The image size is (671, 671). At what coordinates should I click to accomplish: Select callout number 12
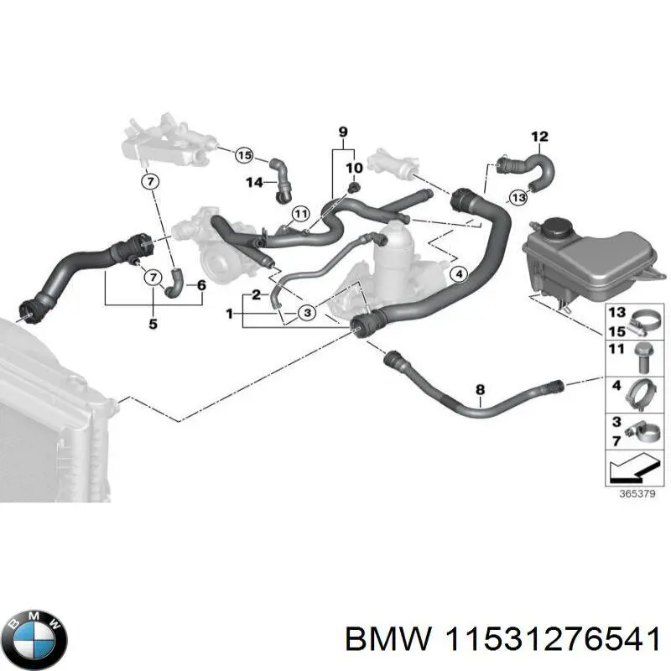539,137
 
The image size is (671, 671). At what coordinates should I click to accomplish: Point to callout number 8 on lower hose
480,389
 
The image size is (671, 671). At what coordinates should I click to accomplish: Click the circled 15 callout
243,154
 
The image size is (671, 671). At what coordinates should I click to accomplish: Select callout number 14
254,182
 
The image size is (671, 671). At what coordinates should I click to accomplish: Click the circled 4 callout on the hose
457,274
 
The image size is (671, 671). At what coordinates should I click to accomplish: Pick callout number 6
201,285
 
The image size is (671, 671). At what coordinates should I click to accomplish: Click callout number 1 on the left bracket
229,314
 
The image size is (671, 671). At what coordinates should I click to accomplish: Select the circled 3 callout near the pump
307,312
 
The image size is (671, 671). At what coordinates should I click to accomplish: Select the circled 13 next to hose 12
518,197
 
